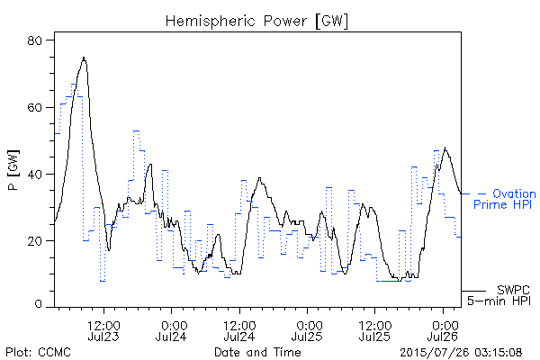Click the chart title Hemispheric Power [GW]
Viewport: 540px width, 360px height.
256,21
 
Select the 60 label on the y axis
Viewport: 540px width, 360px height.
34,107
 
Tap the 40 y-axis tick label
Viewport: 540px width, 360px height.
34,175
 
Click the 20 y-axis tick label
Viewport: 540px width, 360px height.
34,241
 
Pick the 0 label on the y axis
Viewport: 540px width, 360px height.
38,304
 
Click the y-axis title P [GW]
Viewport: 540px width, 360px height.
13,170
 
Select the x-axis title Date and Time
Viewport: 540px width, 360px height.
257,352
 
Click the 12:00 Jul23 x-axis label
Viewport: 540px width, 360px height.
103,331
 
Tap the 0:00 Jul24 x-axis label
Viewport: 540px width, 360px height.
171,331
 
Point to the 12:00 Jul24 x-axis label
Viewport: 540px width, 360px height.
239,331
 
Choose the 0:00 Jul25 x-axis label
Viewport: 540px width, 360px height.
307,331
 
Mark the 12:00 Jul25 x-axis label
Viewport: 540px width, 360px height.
374,331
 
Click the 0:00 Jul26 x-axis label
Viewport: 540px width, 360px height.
443,331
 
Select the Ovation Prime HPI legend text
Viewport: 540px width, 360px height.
505,199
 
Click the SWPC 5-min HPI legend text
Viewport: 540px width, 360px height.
499,295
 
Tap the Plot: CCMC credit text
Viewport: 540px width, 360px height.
38,352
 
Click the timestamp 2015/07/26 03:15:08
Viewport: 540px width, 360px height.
461,353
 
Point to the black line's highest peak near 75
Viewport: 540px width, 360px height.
84,58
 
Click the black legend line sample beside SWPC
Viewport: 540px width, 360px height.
473,291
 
